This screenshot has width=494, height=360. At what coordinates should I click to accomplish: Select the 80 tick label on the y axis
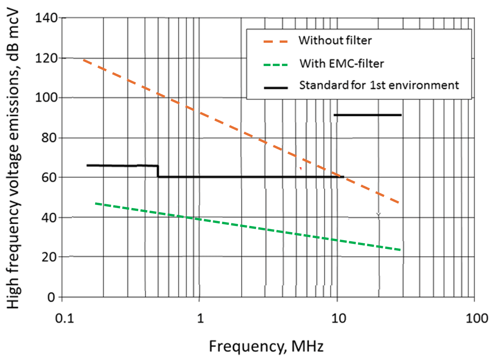[x=49, y=137]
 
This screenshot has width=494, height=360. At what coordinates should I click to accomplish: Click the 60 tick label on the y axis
[x=49, y=178]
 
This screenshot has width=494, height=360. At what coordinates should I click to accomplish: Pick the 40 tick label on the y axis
[x=49, y=217]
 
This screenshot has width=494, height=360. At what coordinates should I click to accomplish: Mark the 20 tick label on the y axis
[x=49, y=257]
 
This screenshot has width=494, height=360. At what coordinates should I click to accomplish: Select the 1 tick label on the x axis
[x=200, y=318]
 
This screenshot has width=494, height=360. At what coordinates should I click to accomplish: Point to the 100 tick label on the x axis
[x=474, y=318]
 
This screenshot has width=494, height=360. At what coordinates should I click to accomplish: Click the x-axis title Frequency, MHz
[x=266, y=346]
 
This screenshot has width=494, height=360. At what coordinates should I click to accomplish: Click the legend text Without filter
[x=335, y=40]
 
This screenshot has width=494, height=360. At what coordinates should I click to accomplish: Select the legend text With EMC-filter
[x=342, y=63]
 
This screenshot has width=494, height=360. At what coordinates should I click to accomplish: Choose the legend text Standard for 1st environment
[x=379, y=85]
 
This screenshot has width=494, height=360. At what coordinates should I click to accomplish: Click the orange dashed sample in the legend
[x=275, y=41]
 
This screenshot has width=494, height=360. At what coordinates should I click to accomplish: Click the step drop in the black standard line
[x=158, y=171]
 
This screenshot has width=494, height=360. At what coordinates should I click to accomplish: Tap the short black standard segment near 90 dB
[x=368, y=115]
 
